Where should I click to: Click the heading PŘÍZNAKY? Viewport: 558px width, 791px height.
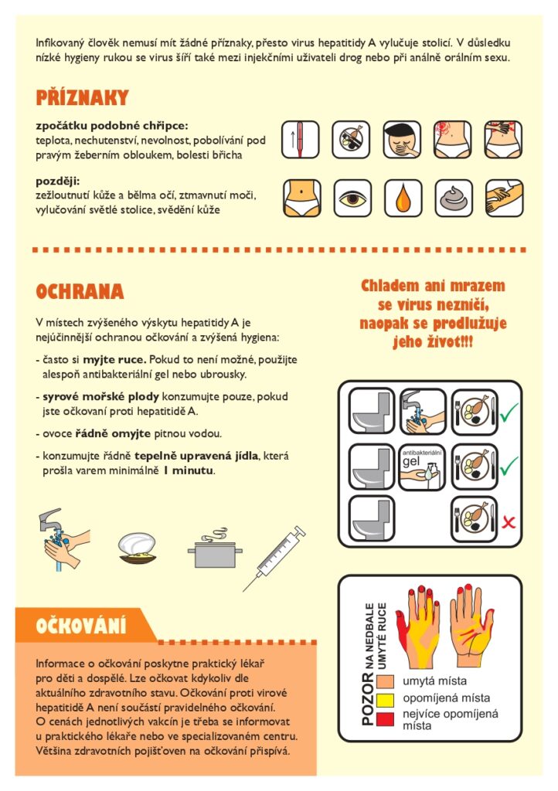click(82, 97)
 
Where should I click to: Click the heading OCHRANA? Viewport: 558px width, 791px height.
click(80, 291)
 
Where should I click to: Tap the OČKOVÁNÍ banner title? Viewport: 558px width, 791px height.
click(80, 626)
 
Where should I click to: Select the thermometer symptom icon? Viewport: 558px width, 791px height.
click(300, 140)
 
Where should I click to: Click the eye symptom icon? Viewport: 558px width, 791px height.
click(352, 199)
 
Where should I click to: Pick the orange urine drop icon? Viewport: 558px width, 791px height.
click(403, 199)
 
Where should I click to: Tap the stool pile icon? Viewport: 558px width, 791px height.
click(454, 199)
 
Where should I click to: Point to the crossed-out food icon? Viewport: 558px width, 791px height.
click(351, 140)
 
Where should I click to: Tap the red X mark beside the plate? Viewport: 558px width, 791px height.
click(509, 522)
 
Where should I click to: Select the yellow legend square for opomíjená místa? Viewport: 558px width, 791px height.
click(386, 700)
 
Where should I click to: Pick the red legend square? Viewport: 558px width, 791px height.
click(386, 718)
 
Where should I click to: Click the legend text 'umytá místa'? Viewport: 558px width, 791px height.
click(434, 681)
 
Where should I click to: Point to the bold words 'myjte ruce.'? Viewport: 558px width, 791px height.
click(114, 360)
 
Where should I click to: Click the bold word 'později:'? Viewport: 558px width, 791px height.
click(57, 181)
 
